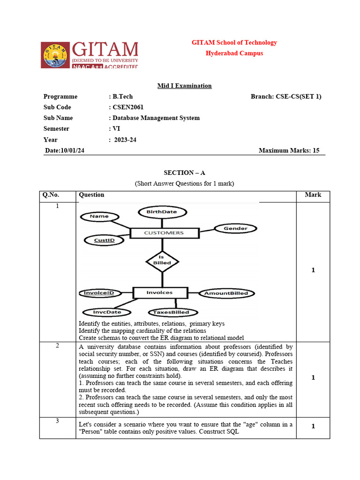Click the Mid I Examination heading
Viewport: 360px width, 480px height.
click(x=184, y=86)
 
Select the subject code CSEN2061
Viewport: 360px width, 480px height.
click(x=128, y=107)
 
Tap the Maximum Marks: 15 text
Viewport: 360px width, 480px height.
click(x=289, y=150)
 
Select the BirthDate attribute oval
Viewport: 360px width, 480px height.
click(x=162, y=212)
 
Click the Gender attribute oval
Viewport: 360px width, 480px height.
click(x=235, y=228)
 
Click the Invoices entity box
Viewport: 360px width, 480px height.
click(x=159, y=292)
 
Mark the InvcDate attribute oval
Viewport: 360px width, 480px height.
click(x=107, y=312)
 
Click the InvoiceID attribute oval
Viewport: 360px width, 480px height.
click(x=99, y=293)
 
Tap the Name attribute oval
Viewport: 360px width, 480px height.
click(x=99, y=216)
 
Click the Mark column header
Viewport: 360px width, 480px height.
click(x=313, y=195)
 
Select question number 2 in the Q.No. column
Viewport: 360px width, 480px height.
click(x=57, y=346)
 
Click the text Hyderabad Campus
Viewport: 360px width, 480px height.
click(x=234, y=53)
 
